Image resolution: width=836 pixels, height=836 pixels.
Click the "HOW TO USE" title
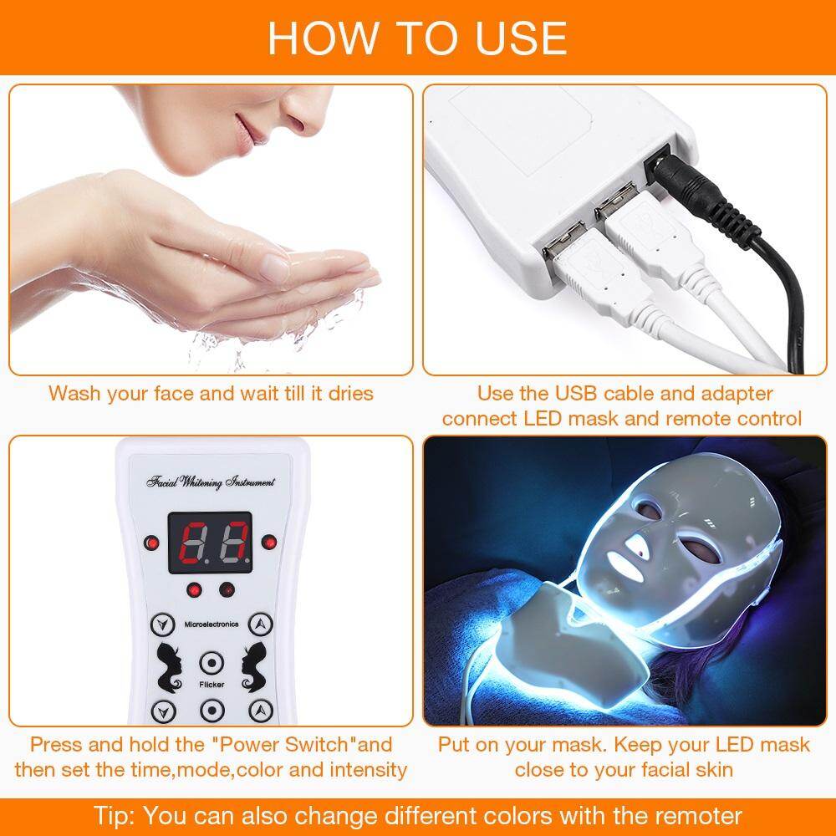coord(417,38)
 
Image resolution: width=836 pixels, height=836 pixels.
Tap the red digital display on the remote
coord(209,543)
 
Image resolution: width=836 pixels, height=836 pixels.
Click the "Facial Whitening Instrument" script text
coord(210,483)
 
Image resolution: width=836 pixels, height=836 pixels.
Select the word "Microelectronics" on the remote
coord(211,624)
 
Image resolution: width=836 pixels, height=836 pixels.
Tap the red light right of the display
coord(268,543)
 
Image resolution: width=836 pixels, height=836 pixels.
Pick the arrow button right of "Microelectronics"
coord(262,624)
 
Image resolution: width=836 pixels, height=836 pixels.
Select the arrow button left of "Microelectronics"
coord(159,624)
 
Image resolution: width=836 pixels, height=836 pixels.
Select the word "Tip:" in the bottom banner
coord(115,813)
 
